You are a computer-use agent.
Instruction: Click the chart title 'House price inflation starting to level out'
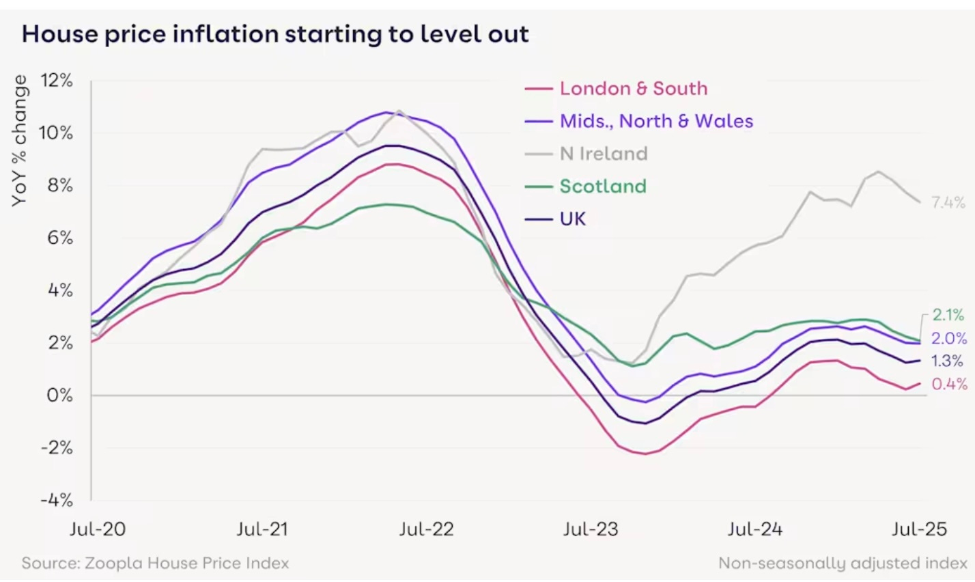click(x=275, y=34)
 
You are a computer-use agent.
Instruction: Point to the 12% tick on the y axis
click(x=56, y=81)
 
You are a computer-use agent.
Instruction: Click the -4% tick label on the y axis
click(x=56, y=500)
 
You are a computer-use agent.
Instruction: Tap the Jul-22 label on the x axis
click(x=426, y=529)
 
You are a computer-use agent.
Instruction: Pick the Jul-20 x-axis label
click(x=98, y=529)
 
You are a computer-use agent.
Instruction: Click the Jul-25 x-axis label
click(x=920, y=529)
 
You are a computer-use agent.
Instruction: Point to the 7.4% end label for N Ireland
click(x=948, y=202)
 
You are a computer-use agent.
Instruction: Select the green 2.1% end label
click(x=948, y=315)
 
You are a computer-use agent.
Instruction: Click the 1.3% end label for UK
click(x=948, y=361)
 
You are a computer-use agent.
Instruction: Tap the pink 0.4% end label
click(x=949, y=385)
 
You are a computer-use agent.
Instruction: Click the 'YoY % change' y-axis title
click(x=20, y=140)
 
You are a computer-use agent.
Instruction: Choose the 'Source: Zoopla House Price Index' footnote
click(x=155, y=564)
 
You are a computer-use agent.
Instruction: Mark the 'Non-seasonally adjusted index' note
click(x=843, y=564)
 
